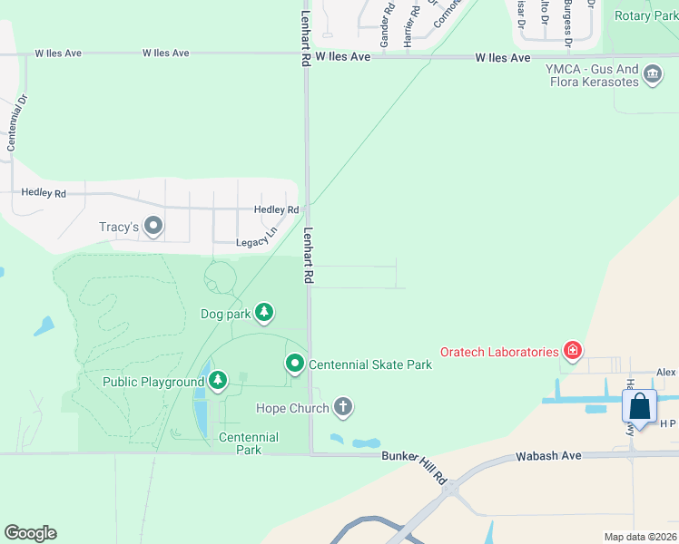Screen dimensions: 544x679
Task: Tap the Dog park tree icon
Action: (x=264, y=314)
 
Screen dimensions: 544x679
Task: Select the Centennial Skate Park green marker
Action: (x=295, y=364)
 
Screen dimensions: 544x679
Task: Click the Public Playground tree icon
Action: (x=218, y=382)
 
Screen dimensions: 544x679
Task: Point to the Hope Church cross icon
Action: (x=343, y=408)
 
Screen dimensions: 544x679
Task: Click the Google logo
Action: (x=30, y=533)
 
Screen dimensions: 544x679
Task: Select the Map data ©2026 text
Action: (x=639, y=537)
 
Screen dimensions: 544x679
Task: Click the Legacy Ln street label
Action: (x=256, y=240)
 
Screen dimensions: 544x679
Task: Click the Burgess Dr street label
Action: (x=567, y=23)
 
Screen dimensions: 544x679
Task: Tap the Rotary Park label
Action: (x=645, y=15)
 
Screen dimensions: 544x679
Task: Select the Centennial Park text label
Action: (x=248, y=443)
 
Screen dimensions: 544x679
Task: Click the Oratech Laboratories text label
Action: (x=498, y=352)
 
